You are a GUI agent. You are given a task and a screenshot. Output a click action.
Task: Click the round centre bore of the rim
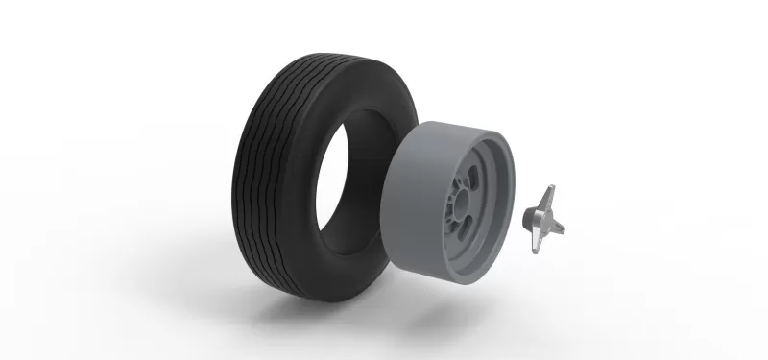[468, 206]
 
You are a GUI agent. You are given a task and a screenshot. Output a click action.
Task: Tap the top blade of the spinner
[549, 196]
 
